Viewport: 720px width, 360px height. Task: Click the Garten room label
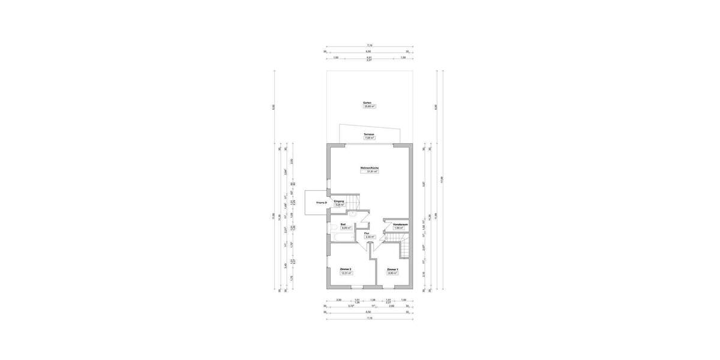(367, 103)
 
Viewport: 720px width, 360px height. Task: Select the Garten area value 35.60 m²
(367, 107)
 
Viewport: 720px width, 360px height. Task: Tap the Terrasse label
(369, 134)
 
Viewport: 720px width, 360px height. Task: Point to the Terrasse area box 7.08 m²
(369, 138)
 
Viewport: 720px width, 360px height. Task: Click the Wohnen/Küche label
(370, 167)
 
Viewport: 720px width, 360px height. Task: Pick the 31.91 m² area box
(370, 172)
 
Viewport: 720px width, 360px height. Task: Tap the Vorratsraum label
(401, 224)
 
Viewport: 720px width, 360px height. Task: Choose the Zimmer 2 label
(345, 269)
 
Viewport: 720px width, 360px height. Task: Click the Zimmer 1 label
(392, 269)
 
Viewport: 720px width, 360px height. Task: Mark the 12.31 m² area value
(346, 273)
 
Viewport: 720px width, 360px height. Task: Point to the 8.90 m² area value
(392, 273)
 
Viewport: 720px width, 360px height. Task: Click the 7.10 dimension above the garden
(370, 46)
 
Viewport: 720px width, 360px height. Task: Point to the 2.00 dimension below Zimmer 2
(338, 299)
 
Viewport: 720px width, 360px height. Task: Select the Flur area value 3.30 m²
(370, 237)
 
